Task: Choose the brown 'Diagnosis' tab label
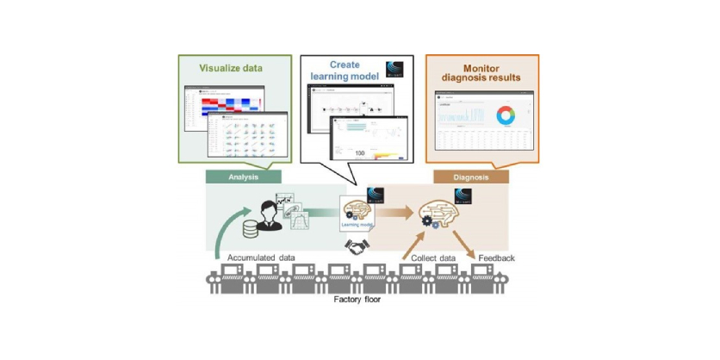tap(469, 176)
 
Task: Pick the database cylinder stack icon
tap(251, 230)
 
